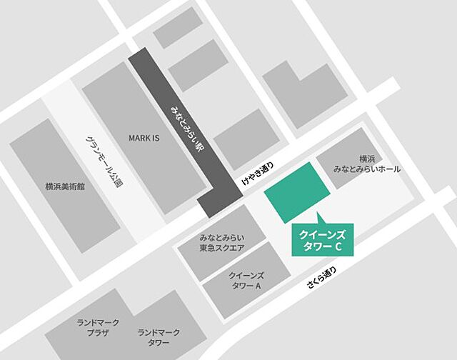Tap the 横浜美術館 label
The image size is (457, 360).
coord(65,186)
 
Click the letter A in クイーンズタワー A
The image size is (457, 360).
coord(258,286)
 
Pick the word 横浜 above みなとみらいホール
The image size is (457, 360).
coord(367,158)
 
